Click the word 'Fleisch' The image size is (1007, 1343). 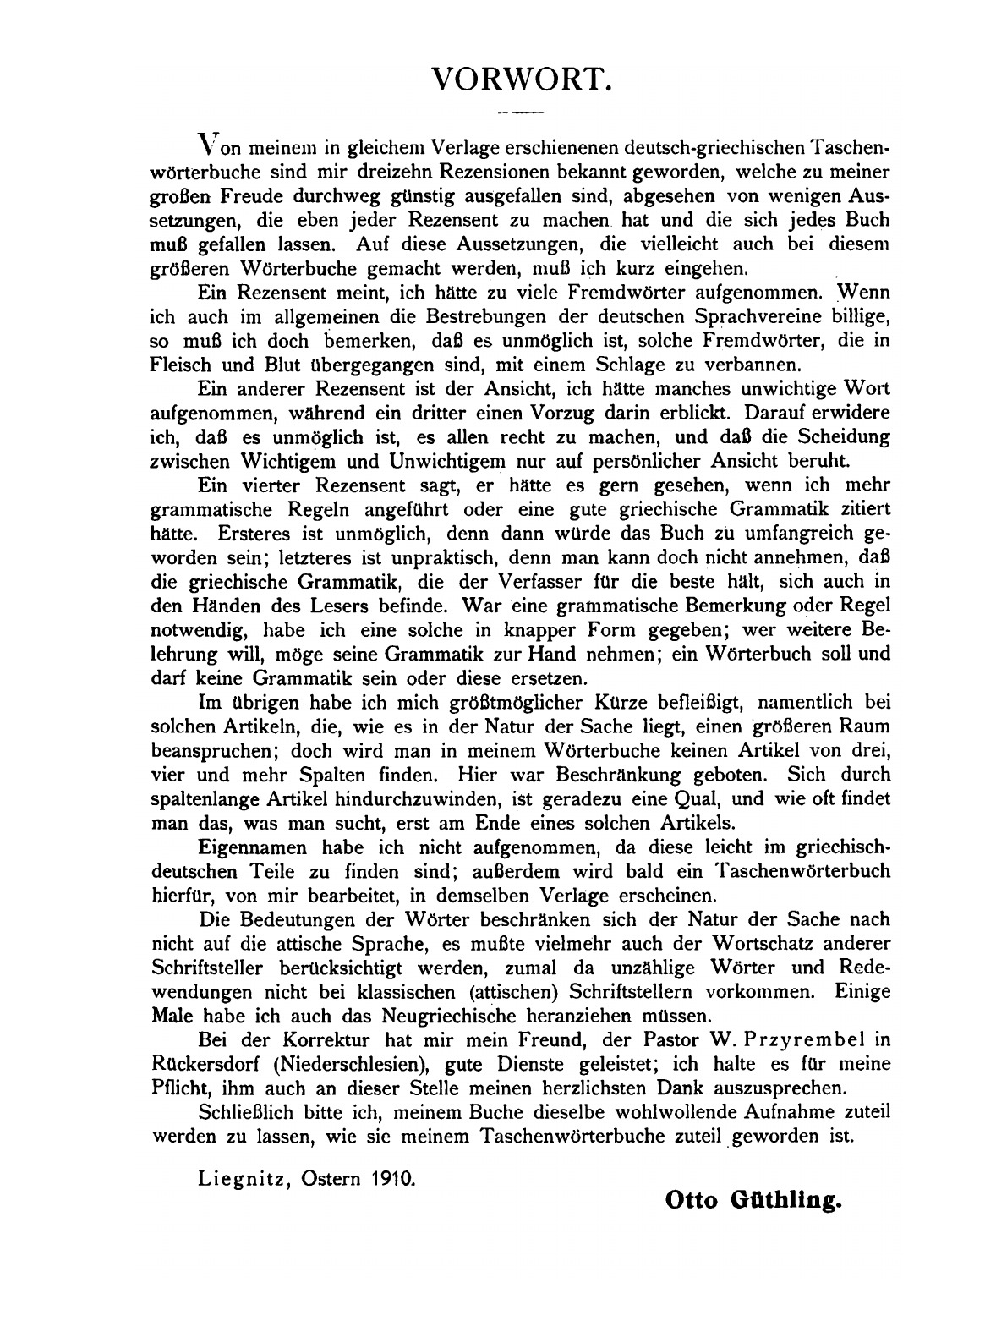[179, 367]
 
